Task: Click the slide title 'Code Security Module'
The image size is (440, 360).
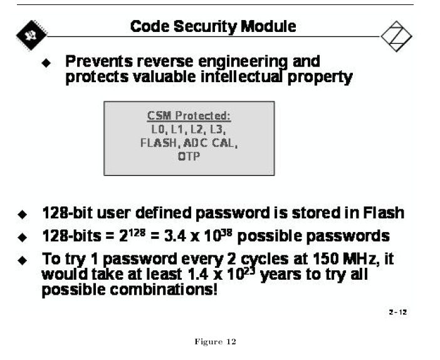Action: (213, 27)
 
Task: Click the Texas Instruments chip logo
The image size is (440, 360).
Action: (31, 35)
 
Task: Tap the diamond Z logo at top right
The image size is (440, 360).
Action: (396, 36)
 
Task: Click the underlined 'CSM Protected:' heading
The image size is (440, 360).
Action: (189, 115)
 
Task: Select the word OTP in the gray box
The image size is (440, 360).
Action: (189, 156)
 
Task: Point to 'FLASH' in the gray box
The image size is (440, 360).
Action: (159, 143)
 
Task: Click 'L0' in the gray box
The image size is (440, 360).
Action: (158, 129)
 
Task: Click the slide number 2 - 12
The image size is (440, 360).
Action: (398, 312)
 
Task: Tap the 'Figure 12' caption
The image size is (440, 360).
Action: (215, 341)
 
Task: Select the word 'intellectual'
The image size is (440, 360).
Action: (241, 77)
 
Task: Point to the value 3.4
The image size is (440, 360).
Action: (175, 236)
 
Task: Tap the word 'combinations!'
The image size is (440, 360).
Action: (164, 290)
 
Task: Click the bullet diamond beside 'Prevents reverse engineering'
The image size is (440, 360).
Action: (46, 63)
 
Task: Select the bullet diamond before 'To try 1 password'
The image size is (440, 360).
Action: (23, 260)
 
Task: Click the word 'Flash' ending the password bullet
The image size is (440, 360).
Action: (384, 213)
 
